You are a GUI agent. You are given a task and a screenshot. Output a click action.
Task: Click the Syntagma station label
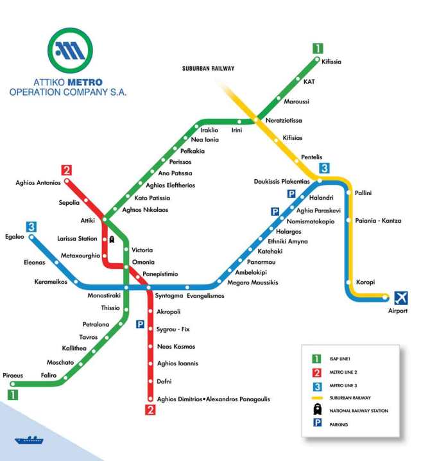point(169,296)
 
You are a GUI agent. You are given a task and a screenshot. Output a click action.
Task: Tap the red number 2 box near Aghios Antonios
point(66,170)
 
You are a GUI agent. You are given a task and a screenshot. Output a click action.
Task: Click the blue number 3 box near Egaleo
point(31,226)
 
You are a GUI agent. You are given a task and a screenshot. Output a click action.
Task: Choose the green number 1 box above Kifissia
point(318,48)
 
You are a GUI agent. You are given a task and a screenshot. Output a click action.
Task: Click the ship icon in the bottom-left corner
point(29,440)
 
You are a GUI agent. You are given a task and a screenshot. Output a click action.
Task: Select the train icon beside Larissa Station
point(112,239)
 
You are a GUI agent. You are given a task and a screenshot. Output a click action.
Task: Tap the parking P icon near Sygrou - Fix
point(140,325)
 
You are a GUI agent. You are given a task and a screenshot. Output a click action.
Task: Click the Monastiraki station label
point(104,296)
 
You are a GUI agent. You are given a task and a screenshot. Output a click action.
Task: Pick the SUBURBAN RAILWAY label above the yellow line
point(209,68)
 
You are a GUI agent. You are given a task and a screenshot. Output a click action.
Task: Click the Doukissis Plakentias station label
point(281,182)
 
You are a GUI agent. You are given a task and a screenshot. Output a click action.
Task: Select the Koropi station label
point(365,282)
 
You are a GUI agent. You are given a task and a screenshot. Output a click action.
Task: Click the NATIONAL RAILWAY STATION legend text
point(359,410)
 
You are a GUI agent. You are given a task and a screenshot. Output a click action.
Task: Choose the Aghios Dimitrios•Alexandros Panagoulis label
point(213,399)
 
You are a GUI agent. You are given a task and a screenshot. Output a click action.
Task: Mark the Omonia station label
point(143,263)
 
